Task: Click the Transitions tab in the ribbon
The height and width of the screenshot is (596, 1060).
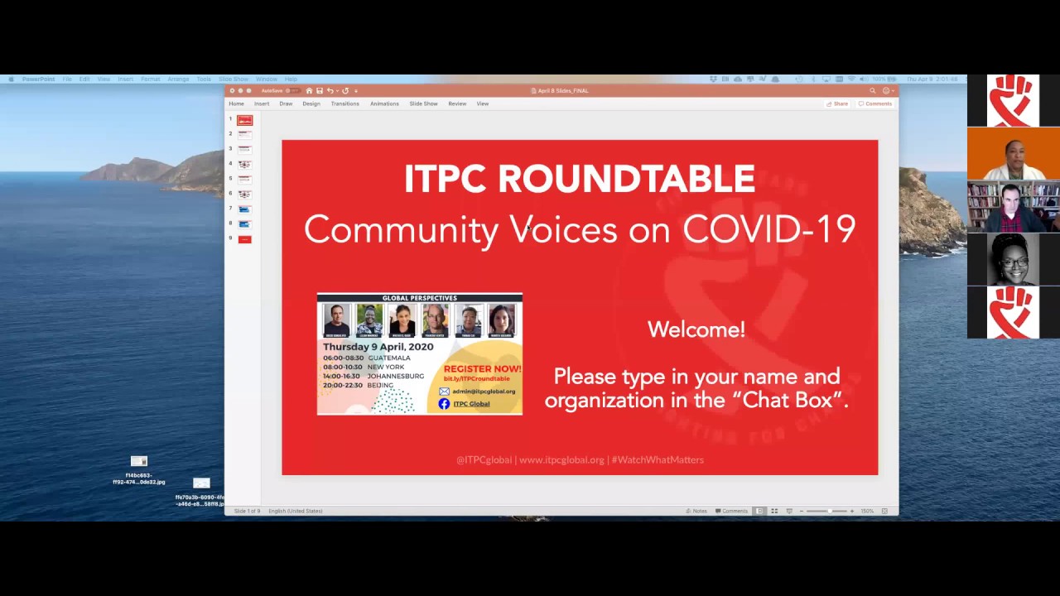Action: click(x=344, y=103)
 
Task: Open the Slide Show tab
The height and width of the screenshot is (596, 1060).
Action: click(x=423, y=103)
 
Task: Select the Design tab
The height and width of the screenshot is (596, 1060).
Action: click(x=311, y=103)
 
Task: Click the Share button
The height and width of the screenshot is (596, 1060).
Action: click(x=837, y=103)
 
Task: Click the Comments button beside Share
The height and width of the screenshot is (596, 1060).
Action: click(x=875, y=103)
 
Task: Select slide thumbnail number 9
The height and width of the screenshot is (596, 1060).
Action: click(x=244, y=239)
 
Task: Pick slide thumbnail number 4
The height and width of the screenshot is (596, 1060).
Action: click(x=244, y=164)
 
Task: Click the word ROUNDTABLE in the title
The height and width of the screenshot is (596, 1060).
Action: click(x=625, y=179)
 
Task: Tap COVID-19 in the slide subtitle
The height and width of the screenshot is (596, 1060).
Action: click(x=768, y=229)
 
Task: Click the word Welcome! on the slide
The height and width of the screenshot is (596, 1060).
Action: click(x=696, y=329)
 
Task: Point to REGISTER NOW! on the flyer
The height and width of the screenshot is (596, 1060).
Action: click(x=482, y=368)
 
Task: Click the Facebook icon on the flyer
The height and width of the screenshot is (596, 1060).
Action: click(x=444, y=404)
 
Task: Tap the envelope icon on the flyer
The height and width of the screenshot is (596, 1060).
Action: click(x=444, y=392)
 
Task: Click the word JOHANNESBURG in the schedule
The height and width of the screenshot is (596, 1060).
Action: click(x=395, y=376)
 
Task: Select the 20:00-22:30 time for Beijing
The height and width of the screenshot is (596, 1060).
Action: click(x=343, y=385)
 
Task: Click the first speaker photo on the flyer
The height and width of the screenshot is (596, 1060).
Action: click(x=336, y=320)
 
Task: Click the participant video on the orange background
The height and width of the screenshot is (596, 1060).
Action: click(x=1013, y=154)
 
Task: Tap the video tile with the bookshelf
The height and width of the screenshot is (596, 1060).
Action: click(x=1013, y=207)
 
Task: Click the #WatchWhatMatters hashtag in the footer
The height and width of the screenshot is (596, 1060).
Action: click(x=658, y=460)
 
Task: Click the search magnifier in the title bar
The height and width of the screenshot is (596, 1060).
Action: click(x=872, y=90)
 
